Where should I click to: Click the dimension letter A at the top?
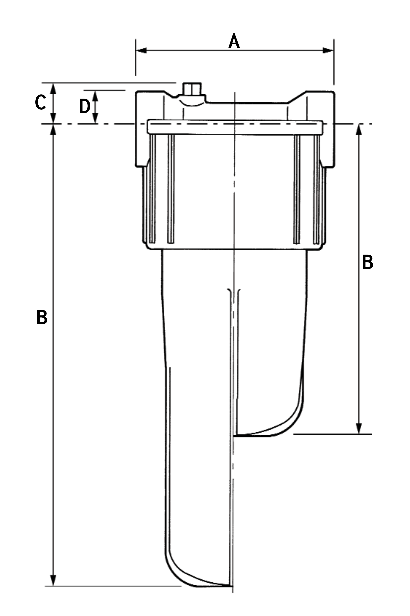[x=234, y=41]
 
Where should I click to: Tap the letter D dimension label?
[x=85, y=106]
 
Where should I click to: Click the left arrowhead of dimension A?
[x=141, y=51]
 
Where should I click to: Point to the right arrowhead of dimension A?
[x=328, y=51]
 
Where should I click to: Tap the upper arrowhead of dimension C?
[x=53, y=89]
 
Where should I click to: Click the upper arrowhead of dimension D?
[x=95, y=96]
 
